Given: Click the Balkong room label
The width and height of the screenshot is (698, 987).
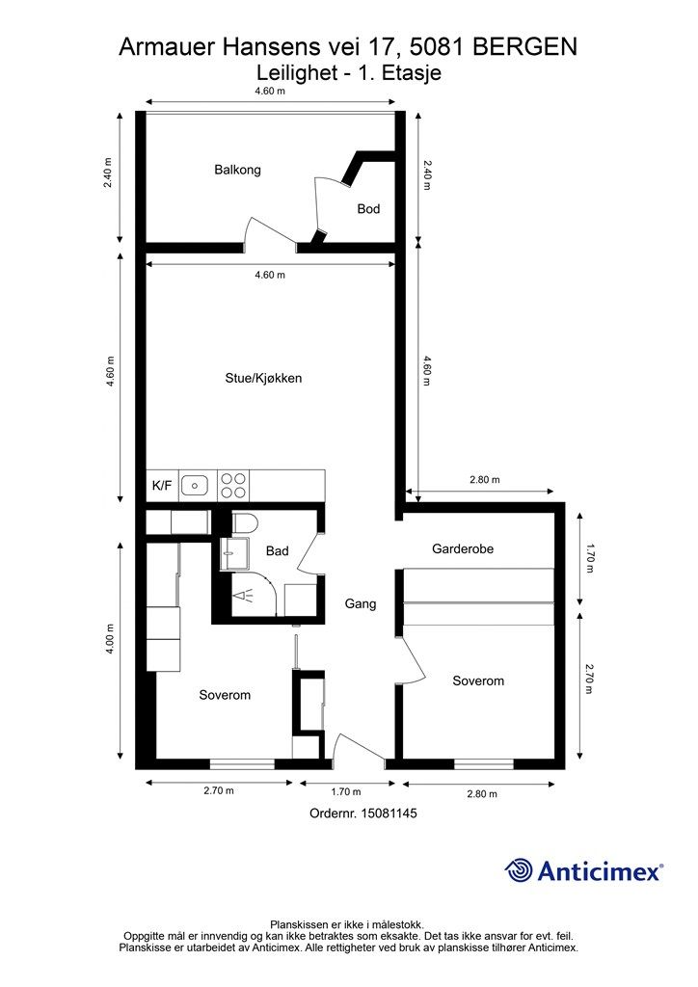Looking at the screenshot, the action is point(237,170).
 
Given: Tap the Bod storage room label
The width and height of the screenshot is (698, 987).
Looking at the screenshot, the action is point(368,209).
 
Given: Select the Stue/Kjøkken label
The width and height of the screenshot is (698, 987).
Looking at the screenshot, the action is point(263,378).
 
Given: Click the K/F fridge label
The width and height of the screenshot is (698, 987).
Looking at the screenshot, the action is point(162,486).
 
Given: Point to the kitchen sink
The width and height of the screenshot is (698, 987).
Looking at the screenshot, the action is point(195,486).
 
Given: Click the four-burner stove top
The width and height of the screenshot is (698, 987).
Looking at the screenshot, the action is point(233,486).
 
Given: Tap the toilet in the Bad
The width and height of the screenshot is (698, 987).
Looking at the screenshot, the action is point(244,523).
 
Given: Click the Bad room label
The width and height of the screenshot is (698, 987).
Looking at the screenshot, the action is point(277,551).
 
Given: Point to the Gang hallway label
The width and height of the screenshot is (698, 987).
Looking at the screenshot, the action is point(360,604).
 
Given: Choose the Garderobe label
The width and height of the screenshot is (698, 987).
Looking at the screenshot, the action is point(463,548).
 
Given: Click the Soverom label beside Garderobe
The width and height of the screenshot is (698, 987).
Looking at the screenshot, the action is point(478,681).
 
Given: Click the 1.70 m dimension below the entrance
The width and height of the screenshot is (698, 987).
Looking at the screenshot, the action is point(345,792).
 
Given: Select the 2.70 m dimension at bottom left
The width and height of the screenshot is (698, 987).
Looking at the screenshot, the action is point(219,790).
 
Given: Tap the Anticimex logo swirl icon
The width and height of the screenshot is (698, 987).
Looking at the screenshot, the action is point(518,870).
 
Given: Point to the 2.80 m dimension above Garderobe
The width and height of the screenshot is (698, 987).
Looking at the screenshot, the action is point(485,480).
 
